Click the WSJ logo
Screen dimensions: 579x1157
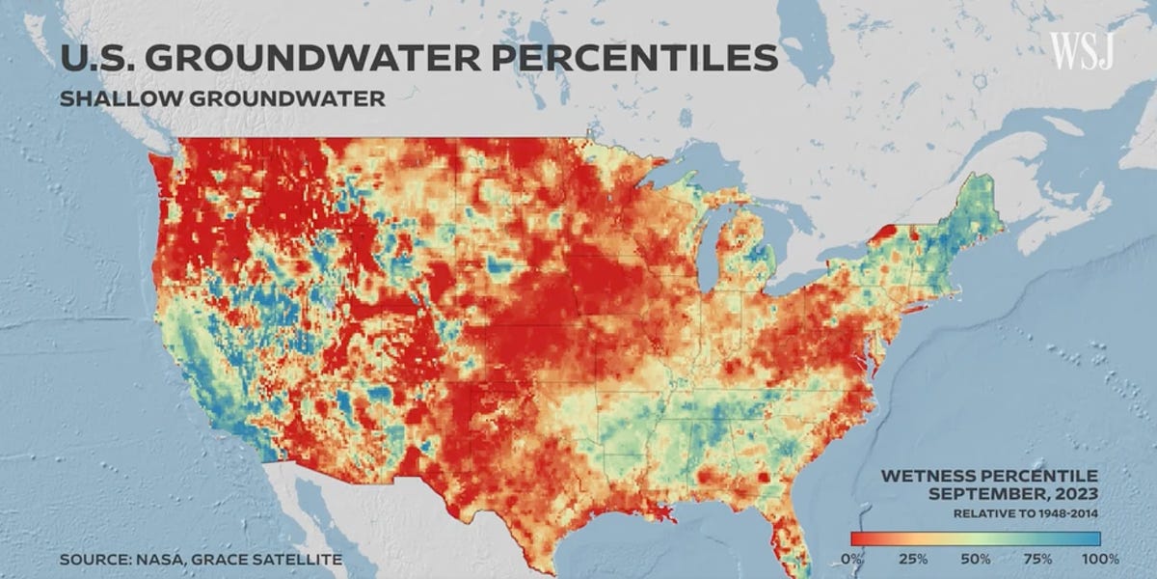(x=1082, y=50)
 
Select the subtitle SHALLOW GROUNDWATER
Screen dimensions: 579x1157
(x=222, y=98)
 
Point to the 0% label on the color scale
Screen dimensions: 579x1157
(x=852, y=559)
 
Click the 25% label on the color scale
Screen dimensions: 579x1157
(x=914, y=559)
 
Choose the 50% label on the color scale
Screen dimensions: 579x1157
(x=975, y=559)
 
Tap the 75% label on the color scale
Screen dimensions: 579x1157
(x=1036, y=559)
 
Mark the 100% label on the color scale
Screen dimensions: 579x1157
(x=1098, y=559)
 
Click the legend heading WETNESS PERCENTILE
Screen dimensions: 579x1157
(x=990, y=477)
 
